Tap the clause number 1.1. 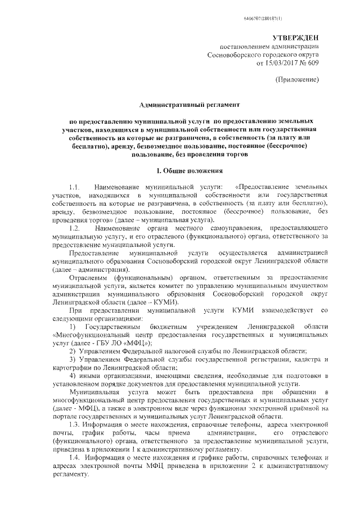(x=75, y=186)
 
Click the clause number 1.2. (x=75, y=229)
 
